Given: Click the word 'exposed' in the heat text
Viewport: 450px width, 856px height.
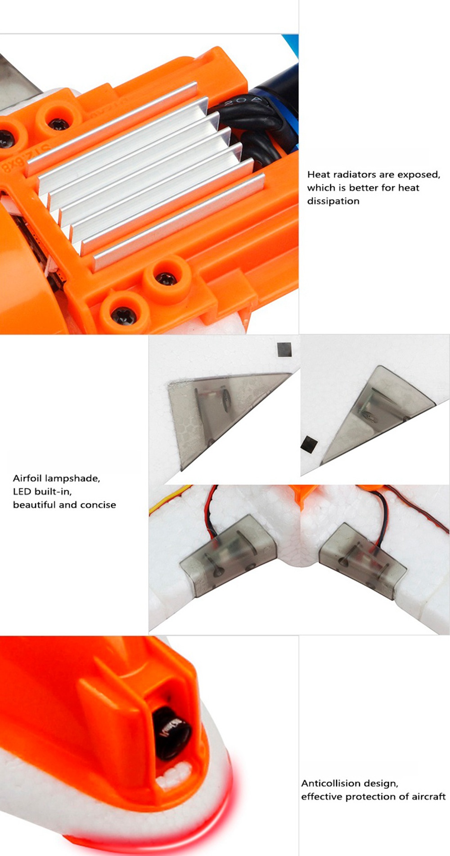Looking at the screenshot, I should tap(418, 175).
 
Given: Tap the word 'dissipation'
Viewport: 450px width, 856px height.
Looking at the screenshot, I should tap(333, 201).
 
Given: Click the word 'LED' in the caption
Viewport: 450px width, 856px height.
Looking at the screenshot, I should tap(22, 491).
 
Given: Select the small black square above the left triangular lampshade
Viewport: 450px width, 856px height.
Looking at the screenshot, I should tap(284, 350).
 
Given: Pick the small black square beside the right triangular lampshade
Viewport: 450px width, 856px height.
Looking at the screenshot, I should tap(309, 444).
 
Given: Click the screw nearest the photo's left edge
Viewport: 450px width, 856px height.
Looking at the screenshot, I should tap(6, 139).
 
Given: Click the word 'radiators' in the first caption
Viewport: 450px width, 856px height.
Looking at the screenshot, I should tap(354, 175).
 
